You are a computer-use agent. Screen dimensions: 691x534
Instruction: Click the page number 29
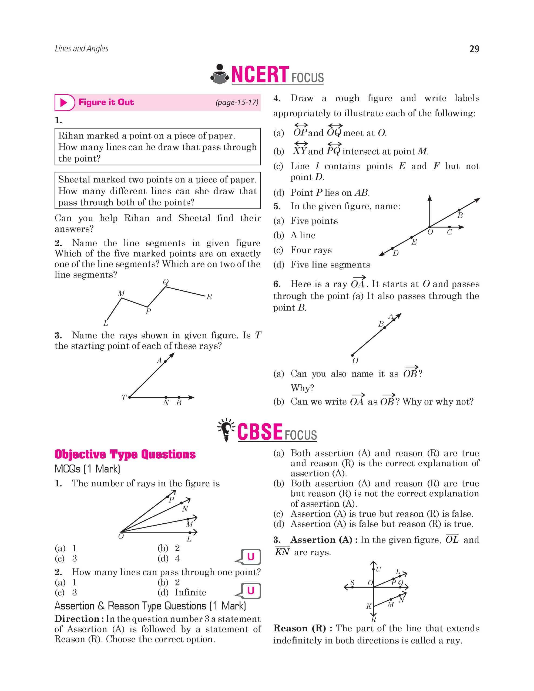(x=474, y=49)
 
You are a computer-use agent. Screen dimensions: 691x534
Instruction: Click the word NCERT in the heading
(x=260, y=75)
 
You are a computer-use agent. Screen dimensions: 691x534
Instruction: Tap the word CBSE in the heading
(x=260, y=432)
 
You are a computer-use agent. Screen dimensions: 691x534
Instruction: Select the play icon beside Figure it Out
(x=64, y=103)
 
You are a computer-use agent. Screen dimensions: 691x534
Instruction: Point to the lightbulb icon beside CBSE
(x=226, y=430)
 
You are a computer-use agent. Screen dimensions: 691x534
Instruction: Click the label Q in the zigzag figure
(x=166, y=282)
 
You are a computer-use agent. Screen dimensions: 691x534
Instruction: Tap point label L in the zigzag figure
(x=106, y=323)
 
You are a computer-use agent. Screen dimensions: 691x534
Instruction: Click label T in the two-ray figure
(x=124, y=397)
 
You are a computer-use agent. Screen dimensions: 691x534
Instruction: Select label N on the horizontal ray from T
(x=166, y=403)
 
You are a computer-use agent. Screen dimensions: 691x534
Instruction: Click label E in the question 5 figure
(x=414, y=242)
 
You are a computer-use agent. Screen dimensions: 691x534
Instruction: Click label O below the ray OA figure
(x=355, y=361)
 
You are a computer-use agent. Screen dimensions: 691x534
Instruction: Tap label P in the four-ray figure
(x=171, y=500)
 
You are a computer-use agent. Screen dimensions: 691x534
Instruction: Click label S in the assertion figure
(x=352, y=583)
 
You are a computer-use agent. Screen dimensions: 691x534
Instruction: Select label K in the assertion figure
(x=368, y=606)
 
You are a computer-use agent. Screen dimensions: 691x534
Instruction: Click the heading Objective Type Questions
(x=125, y=454)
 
